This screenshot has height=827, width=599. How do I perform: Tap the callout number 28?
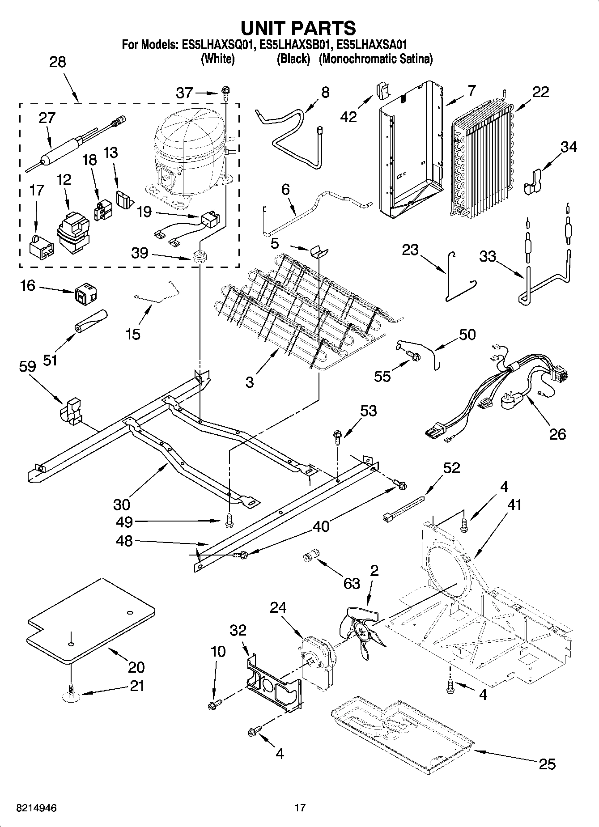[58, 62]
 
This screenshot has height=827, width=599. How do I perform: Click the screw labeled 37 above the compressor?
[225, 94]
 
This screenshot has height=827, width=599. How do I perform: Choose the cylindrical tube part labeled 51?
[92, 321]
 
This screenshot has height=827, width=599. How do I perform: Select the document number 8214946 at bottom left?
[36, 808]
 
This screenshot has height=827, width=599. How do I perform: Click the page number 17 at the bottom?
[299, 808]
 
